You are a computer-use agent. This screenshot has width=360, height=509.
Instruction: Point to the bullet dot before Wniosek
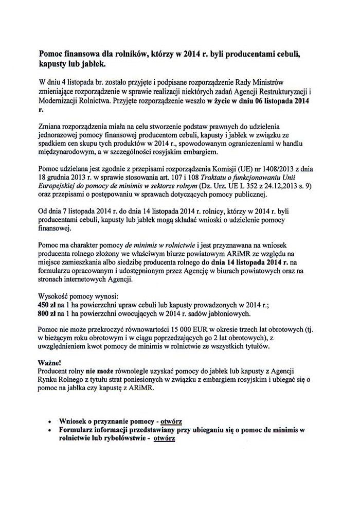click(49, 421)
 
